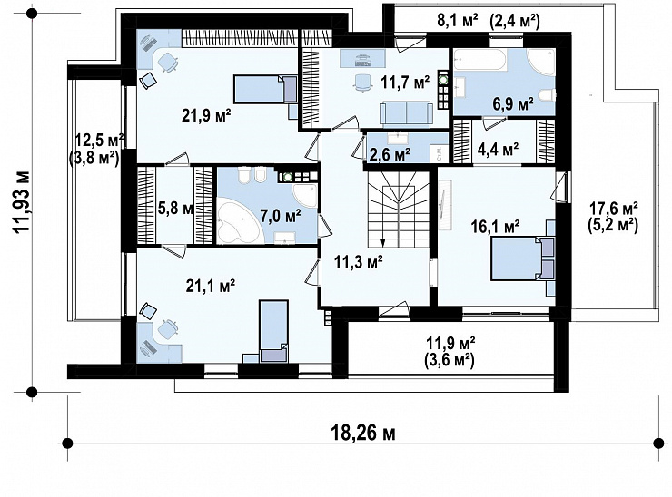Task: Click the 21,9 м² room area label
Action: [206, 115]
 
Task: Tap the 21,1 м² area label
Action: [211, 286]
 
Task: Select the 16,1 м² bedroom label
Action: [496, 227]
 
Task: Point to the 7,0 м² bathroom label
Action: [281, 216]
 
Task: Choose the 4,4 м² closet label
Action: [498, 150]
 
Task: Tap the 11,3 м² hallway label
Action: [359, 262]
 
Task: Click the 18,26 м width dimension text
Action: [363, 434]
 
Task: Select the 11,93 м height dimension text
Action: [22, 202]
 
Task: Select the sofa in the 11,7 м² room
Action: [406, 113]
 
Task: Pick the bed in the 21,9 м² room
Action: [265, 90]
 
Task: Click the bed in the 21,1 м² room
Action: [273, 330]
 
